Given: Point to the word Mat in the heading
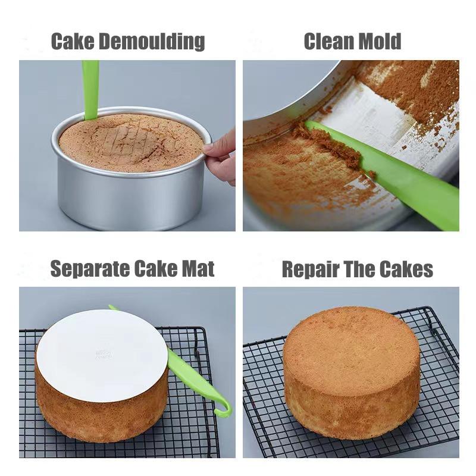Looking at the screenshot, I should [197, 269].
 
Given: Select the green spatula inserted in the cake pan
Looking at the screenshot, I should [90, 89].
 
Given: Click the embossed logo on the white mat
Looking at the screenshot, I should [102, 355].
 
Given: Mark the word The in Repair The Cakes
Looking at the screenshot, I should [359, 270].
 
